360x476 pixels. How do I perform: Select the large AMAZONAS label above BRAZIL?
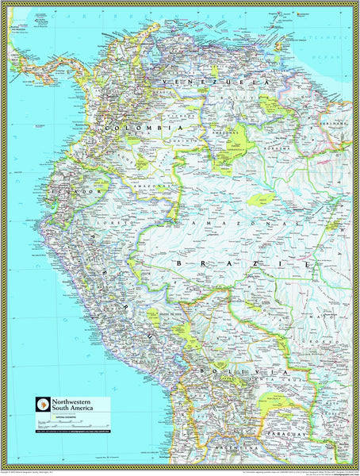[x=230, y=225]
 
